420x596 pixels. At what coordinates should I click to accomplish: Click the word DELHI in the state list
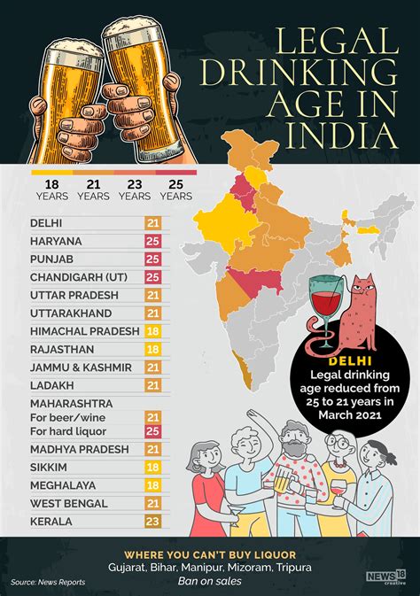[47, 222]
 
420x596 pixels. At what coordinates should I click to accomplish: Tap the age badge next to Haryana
[152, 241]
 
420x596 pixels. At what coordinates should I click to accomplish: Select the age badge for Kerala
[152, 522]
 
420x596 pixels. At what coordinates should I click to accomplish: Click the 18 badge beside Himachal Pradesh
[152, 330]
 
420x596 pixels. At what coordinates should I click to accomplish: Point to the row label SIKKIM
[50, 467]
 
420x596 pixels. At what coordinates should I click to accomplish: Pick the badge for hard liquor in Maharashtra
[152, 431]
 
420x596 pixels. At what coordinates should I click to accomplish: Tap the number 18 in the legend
[52, 183]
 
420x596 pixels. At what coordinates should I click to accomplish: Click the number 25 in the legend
[175, 183]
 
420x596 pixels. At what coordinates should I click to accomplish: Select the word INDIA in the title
[351, 135]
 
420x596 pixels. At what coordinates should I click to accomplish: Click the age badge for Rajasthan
[152, 349]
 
